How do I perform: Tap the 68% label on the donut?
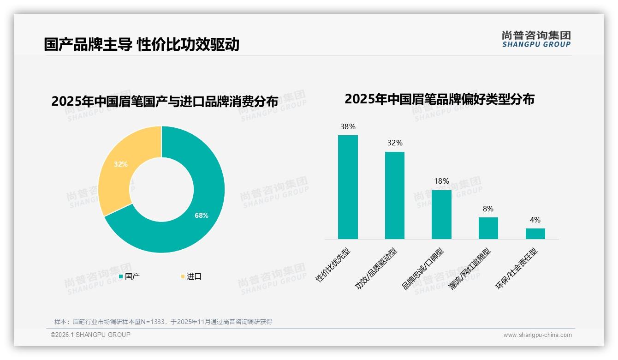[202, 216]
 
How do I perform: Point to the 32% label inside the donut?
[121, 164]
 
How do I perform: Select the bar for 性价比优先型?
[348, 187]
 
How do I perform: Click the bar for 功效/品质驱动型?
[395, 195]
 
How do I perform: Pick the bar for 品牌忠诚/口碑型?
[441, 215]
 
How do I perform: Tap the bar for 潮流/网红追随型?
[488, 228]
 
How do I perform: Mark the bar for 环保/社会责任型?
[535, 234]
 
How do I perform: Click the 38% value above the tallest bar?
[348, 126]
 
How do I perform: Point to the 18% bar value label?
[441, 181]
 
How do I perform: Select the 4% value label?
[535, 220]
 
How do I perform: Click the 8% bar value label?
[488, 209]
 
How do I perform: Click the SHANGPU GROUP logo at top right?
[536, 39]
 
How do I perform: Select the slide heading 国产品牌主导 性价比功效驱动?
[142, 44]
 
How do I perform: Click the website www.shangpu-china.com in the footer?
[537, 335]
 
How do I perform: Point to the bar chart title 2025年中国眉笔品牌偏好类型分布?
[440, 99]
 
